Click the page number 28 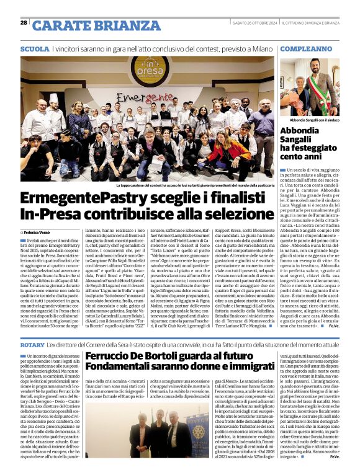tap(24, 23)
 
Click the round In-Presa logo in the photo tap(147, 69)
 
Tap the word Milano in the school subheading tap(262, 48)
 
